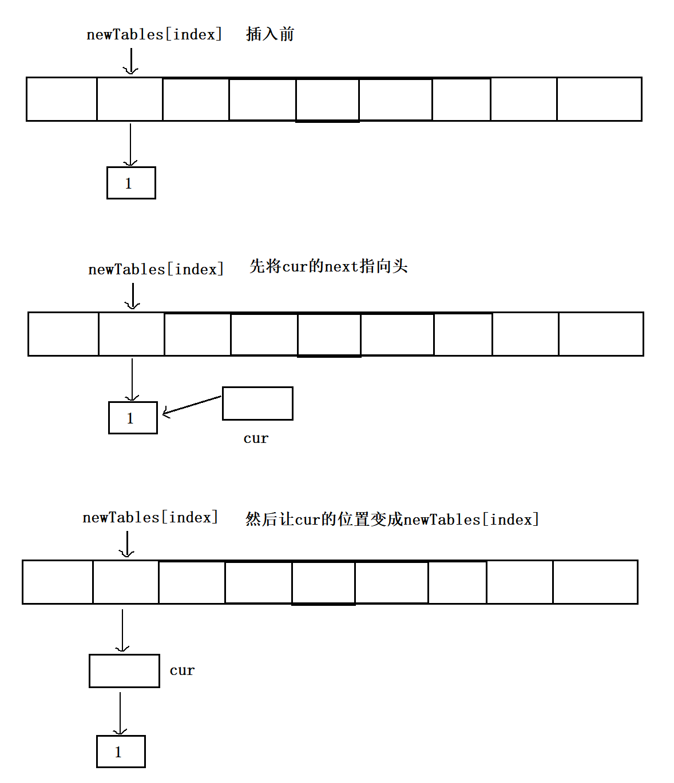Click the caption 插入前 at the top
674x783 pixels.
coord(270,34)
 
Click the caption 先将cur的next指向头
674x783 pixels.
coord(328,266)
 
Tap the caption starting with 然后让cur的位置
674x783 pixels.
coord(392,520)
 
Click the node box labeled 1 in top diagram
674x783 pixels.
coord(131,183)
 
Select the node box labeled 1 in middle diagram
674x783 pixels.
coord(133,418)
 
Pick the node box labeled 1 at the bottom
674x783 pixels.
coord(121,752)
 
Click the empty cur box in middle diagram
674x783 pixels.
coord(257,404)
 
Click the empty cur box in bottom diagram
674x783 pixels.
coord(124,671)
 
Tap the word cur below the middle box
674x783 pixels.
coord(256,438)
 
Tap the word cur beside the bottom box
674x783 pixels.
coord(182,670)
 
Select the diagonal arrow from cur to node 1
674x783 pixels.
coord(192,405)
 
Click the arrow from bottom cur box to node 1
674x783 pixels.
coord(120,712)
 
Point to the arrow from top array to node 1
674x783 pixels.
coord(130,144)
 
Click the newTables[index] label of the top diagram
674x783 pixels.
coord(154,34)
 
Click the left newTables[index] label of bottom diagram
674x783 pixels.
coord(150,517)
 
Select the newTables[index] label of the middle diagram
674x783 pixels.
coord(156,269)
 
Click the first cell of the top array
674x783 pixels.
coord(62,99)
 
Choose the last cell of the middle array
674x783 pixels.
coord(601,334)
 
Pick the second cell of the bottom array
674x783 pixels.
coord(126,582)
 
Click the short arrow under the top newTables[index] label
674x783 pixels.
coord(131,61)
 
